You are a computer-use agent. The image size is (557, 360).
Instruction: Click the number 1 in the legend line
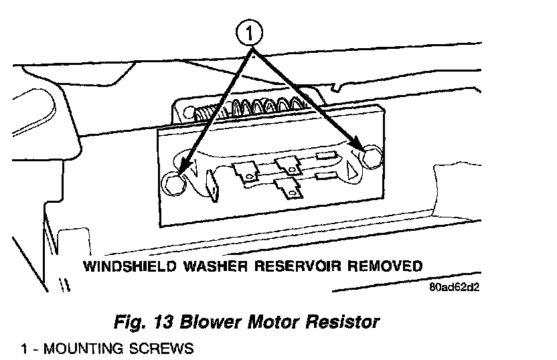pos(24,349)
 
